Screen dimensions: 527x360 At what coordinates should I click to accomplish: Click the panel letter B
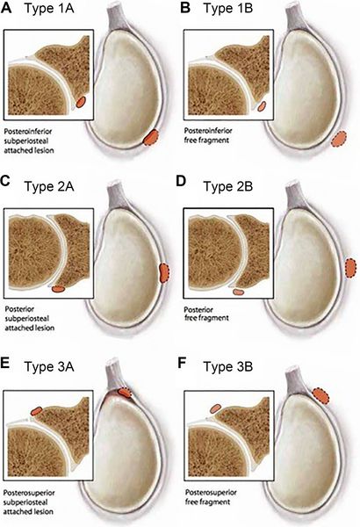click(188, 10)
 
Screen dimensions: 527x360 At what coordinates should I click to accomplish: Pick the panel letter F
click(188, 357)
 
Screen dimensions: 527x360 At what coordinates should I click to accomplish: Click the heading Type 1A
click(58, 11)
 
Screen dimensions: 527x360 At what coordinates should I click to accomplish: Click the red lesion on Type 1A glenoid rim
click(152, 136)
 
